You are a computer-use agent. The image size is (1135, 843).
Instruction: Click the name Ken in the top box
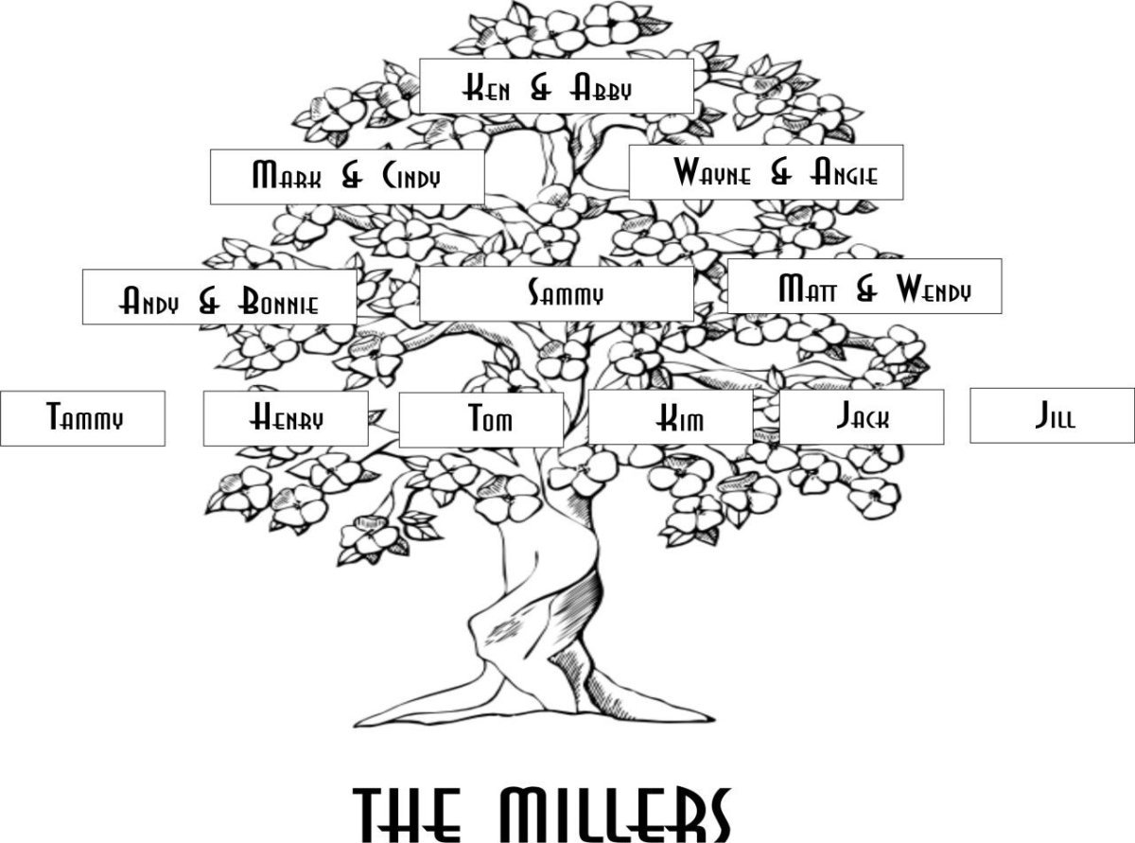(486, 88)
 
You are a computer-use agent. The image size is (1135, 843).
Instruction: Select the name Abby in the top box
(601, 88)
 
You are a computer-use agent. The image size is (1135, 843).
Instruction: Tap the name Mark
(288, 174)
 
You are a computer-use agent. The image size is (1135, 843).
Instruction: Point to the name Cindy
(410, 176)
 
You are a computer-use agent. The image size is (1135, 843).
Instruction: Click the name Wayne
(712, 171)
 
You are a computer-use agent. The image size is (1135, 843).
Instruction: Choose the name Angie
(844, 171)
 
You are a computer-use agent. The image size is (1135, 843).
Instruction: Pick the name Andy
(148, 300)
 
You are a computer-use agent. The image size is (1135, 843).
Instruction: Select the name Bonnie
(278, 300)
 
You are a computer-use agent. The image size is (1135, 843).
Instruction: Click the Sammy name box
(557, 294)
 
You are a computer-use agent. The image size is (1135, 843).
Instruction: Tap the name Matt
(808, 289)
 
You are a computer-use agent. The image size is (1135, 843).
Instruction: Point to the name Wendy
(934, 289)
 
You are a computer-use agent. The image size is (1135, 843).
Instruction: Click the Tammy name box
(83, 418)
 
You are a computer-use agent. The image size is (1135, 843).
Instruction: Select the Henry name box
(286, 418)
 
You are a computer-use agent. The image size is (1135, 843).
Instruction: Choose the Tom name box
(481, 420)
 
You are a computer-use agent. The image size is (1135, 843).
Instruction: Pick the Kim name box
(671, 416)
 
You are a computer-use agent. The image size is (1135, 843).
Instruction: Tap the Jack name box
(862, 416)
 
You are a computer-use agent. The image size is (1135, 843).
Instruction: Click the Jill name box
(1052, 415)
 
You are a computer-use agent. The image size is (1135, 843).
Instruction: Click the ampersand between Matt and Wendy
(866, 290)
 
